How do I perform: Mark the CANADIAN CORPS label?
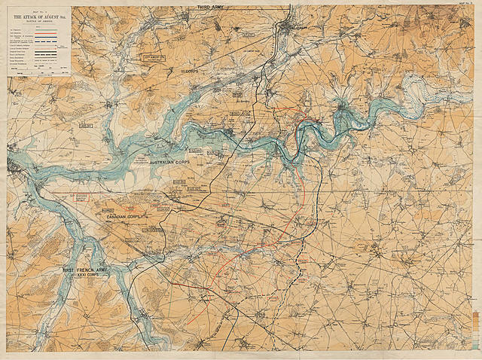(125, 217)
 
